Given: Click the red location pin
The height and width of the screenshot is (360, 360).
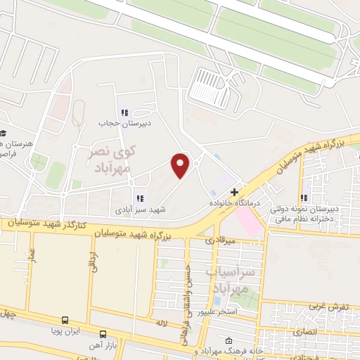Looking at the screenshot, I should [181, 165].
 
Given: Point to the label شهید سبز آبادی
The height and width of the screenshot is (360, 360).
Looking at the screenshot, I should [141, 209].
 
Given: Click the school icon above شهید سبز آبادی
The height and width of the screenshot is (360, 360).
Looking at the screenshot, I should [140, 198].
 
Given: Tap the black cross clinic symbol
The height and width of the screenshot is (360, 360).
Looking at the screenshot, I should [235, 191].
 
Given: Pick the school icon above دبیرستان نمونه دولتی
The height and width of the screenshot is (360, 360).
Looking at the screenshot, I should [304, 198].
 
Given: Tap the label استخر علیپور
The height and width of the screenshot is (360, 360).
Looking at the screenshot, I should [217, 310].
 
